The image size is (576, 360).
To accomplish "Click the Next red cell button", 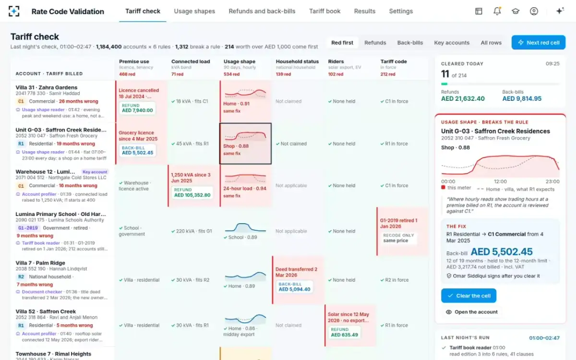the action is (538, 42).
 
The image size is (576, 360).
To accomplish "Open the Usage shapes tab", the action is (194, 11).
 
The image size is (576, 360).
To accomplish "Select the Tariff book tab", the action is (324, 11).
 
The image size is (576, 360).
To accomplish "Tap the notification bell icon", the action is (497, 11).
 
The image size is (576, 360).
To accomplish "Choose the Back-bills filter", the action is (410, 42).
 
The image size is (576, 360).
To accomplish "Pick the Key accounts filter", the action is (452, 42).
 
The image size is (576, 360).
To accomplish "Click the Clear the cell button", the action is (468, 296).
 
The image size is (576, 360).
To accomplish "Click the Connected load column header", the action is (191, 61).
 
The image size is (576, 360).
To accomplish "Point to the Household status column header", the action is (297, 61).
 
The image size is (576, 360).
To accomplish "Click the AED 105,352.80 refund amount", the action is (192, 195).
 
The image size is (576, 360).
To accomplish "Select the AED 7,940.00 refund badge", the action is (138, 108).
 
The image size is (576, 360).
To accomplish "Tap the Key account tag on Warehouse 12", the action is (95, 172).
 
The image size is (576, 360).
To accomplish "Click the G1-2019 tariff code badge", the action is (28, 228).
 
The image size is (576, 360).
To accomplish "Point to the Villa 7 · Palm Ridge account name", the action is (40, 263).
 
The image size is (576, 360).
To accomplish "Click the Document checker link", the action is (42, 292).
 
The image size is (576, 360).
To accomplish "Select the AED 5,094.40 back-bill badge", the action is (294, 287).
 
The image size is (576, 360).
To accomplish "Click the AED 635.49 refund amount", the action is (344, 335).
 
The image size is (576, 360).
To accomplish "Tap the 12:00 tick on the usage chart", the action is (500, 181).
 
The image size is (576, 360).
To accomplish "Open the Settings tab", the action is (401, 11).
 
